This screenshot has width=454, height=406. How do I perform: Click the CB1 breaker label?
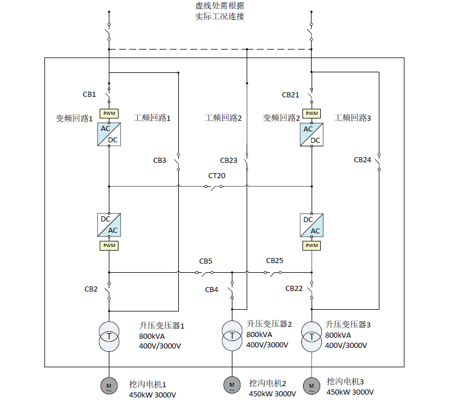click(89, 94)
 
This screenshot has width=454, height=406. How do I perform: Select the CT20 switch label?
click(216, 176)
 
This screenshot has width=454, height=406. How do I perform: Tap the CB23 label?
click(228, 161)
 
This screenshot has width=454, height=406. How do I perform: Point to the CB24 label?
click(362, 160)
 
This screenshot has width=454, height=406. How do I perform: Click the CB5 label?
click(206, 261)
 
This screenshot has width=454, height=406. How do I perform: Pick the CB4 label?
click(211, 290)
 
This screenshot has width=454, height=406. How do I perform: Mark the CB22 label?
click(294, 289)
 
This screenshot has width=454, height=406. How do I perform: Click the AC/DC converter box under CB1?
click(109, 134)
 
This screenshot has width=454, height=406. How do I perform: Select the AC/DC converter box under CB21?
click(312, 134)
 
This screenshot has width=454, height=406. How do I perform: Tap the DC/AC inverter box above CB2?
click(109, 225)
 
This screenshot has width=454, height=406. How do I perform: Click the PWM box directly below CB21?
click(312, 113)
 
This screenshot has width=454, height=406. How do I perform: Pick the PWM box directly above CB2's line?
click(109, 245)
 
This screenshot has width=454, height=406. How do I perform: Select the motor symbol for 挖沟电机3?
click(312, 386)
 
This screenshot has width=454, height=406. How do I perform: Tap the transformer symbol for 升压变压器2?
click(232, 335)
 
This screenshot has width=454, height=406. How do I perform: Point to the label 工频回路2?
click(223, 118)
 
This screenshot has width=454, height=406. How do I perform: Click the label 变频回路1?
click(74, 118)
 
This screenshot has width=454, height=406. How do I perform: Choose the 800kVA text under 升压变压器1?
click(152, 337)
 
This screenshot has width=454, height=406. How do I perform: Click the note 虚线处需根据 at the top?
click(220, 6)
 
